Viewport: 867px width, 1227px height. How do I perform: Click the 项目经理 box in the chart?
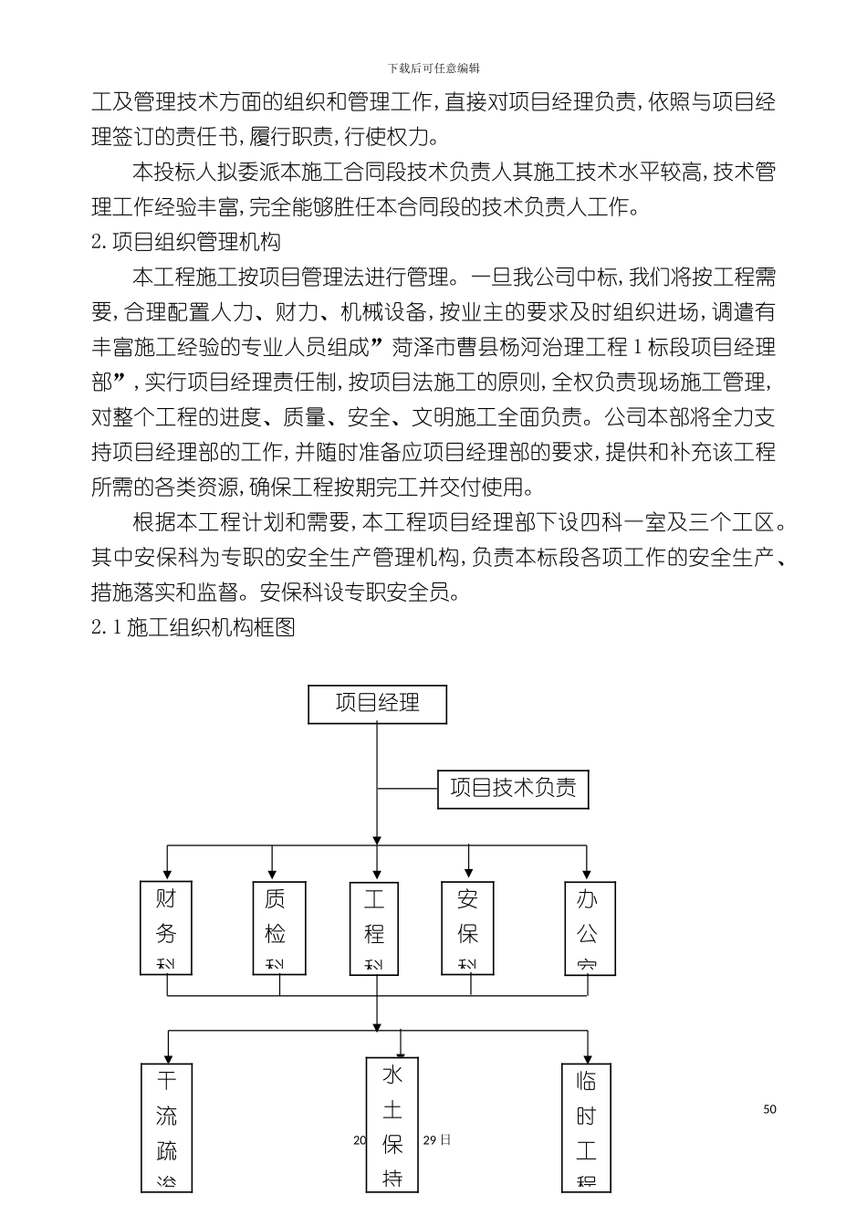(x=377, y=704)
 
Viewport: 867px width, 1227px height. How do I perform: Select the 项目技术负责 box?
(x=513, y=789)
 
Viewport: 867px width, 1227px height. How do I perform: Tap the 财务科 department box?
(x=165, y=928)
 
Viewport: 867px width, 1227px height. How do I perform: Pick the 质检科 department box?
(x=278, y=928)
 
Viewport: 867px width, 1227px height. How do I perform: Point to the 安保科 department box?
(x=467, y=928)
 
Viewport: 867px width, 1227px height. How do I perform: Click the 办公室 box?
(x=590, y=928)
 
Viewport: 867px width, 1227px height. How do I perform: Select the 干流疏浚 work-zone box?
(x=167, y=1128)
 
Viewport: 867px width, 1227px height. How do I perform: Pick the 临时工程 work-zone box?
(x=586, y=1128)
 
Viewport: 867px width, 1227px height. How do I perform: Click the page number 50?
(x=769, y=1109)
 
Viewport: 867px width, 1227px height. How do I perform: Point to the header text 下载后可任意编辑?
(x=433, y=68)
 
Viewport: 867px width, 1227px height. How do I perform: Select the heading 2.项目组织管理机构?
(x=186, y=243)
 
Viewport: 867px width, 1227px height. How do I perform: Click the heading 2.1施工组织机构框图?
(x=193, y=628)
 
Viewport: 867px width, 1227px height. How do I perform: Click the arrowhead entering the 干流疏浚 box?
(x=167, y=1056)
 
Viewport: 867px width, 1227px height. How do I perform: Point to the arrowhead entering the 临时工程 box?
(x=587, y=1056)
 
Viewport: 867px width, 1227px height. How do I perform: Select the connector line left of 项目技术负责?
(x=408, y=788)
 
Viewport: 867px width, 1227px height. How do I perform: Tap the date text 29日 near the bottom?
(x=437, y=1140)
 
